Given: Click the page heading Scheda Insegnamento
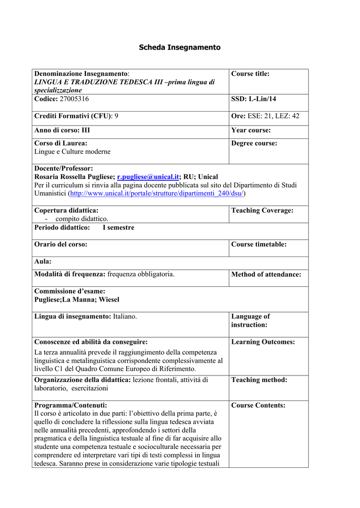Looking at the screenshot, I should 179,48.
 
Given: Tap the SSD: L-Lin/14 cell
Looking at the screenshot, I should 254,99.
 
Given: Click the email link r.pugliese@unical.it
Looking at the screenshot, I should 147,177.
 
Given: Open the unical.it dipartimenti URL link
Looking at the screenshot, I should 157,193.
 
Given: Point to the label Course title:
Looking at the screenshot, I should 250,74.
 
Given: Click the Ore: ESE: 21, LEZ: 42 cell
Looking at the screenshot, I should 265,116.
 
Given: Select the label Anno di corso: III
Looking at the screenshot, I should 62,130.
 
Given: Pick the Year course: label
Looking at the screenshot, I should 251,130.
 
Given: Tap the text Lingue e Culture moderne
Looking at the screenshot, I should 72,152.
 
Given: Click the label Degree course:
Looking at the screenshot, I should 254,143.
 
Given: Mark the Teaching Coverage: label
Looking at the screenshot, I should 262,210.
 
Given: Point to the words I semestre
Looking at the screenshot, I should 118,228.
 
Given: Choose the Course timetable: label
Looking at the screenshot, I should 259,245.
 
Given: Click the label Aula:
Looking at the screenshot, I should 43,261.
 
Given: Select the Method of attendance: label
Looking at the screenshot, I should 266,274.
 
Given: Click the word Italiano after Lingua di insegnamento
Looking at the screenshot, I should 125,317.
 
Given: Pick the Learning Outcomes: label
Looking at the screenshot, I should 263,342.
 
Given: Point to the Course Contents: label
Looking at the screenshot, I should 258,405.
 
